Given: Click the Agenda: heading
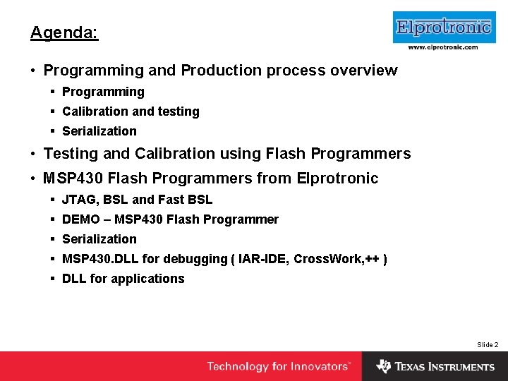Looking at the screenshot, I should pos(64,33).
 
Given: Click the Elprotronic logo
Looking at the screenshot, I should pos(444,28).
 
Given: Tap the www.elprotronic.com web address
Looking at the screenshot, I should pos(443,47).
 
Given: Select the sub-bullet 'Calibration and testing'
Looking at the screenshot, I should pos(131,111).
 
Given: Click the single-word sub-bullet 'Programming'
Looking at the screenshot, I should pos(103,92).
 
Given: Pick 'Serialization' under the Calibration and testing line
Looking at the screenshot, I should pos(99,131).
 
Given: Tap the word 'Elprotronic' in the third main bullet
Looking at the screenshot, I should pos(338,179).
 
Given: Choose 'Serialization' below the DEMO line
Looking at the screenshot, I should pos(99,239).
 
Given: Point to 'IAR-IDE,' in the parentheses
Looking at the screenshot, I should pos(263,259).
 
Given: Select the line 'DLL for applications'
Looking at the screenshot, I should pos(123,279).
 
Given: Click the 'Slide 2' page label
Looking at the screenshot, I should pos(488,344).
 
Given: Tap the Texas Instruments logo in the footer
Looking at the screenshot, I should pos(435,366).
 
